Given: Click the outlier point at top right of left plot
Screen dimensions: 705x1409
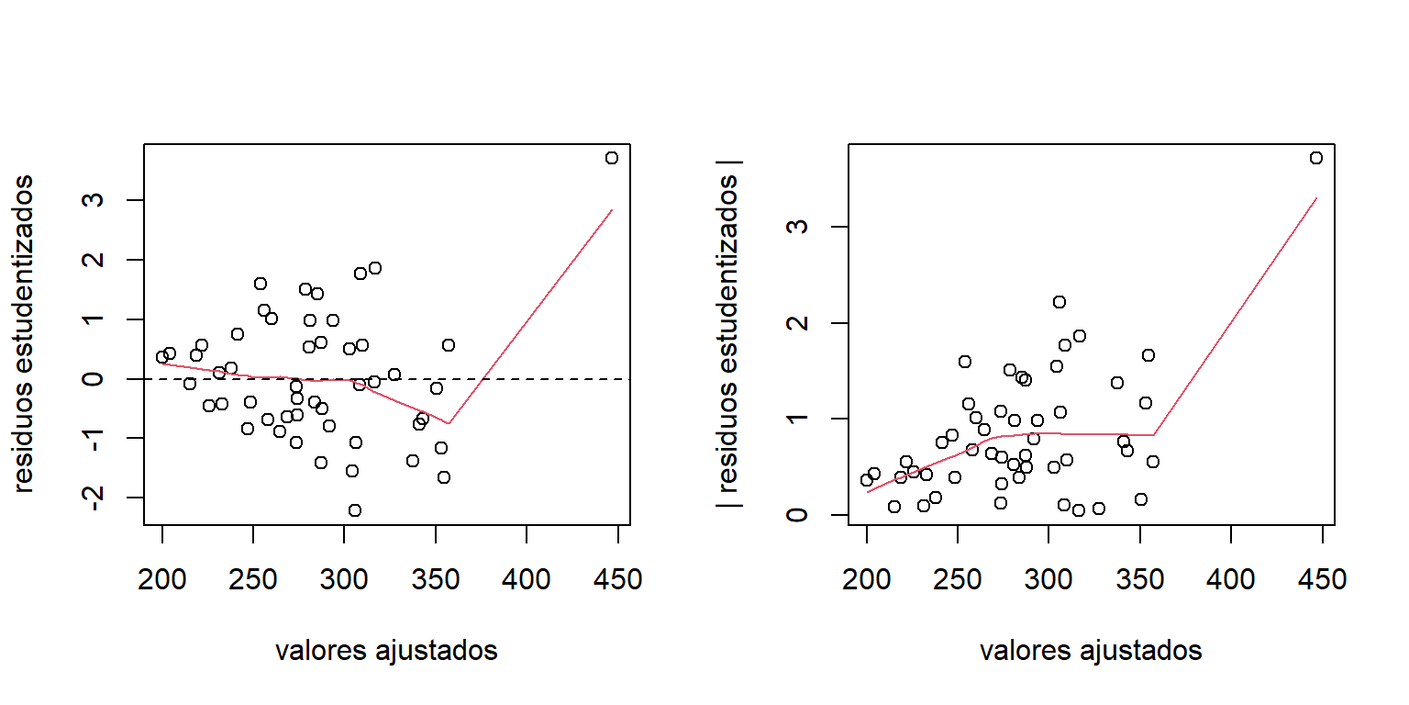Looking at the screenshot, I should point(612,158).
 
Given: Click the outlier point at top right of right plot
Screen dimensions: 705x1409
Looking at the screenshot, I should point(1316,158).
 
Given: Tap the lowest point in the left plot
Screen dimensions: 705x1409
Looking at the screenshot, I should point(355,510).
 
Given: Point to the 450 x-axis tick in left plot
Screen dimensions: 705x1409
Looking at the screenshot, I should point(617,580).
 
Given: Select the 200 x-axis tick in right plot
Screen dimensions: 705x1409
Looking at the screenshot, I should point(867,580).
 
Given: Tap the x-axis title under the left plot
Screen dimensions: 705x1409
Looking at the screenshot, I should point(386,651).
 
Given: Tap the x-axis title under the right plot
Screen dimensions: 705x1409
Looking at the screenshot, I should point(1091,651).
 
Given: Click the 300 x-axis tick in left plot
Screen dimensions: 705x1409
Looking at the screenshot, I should point(344,580).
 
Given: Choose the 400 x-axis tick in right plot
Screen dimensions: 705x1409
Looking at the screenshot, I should point(1230,580).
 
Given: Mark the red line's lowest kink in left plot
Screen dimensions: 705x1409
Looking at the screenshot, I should point(449,423).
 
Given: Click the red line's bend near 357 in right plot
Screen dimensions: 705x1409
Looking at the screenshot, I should point(1153,435).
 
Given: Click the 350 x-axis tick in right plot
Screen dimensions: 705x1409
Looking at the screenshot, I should point(1139,580).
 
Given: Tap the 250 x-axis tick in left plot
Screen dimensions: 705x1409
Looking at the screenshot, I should point(253,580).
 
